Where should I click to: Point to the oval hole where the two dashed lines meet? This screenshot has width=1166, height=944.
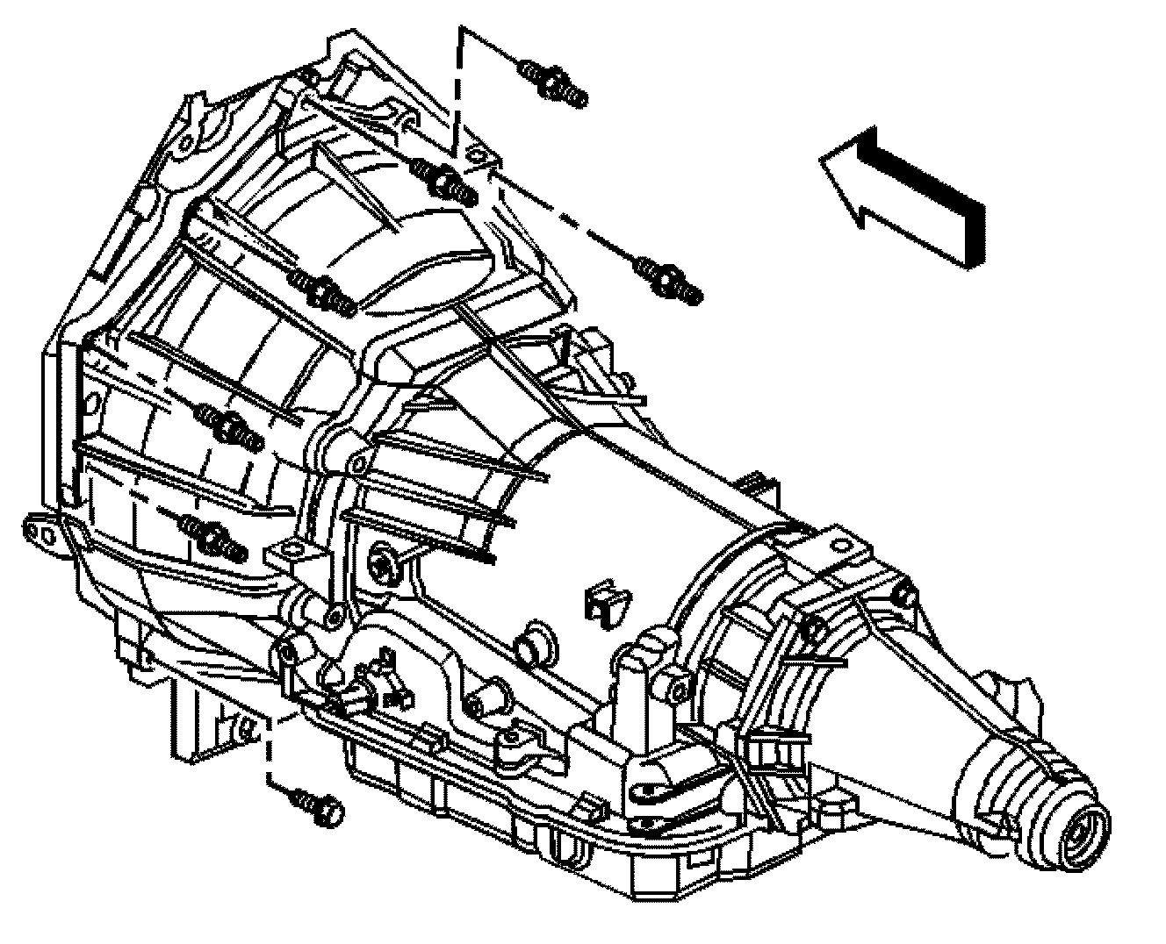pos(475,158)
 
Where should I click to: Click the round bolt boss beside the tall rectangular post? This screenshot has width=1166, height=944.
pos(676,682)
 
